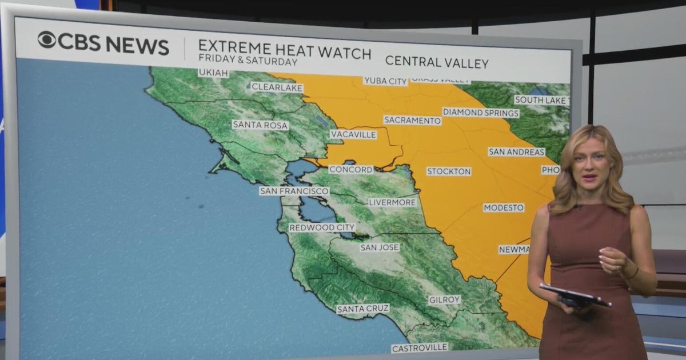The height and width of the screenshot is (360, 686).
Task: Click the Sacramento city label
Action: [x=412, y=120]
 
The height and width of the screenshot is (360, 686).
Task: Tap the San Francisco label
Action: [x=294, y=191]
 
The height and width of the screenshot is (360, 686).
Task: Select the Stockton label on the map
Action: [x=449, y=171]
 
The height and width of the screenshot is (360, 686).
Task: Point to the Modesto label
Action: [x=504, y=208]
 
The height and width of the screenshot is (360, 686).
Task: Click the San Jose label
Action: [x=380, y=247]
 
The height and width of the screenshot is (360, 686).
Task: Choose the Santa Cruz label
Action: [x=363, y=309]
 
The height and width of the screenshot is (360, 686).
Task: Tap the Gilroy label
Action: [x=445, y=300]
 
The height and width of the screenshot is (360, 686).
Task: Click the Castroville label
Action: [x=420, y=347]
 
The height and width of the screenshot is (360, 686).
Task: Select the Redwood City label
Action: [x=322, y=227]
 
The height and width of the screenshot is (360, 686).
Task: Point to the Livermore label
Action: [x=392, y=202]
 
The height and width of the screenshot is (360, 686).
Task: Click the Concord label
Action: [x=351, y=170]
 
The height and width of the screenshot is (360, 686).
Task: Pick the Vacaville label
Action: [x=353, y=135]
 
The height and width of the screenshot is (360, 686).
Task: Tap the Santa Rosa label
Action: [x=260, y=125]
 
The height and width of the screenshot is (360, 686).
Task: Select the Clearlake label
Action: [x=277, y=88]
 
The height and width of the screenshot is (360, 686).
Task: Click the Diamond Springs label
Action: [x=481, y=113]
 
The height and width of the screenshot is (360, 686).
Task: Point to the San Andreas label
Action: [x=516, y=152]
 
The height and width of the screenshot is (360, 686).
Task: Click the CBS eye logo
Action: [x=47, y=40]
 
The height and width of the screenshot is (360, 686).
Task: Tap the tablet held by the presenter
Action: [x=575, y=295]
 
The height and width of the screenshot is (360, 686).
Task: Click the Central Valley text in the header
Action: [x=437, y=62]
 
